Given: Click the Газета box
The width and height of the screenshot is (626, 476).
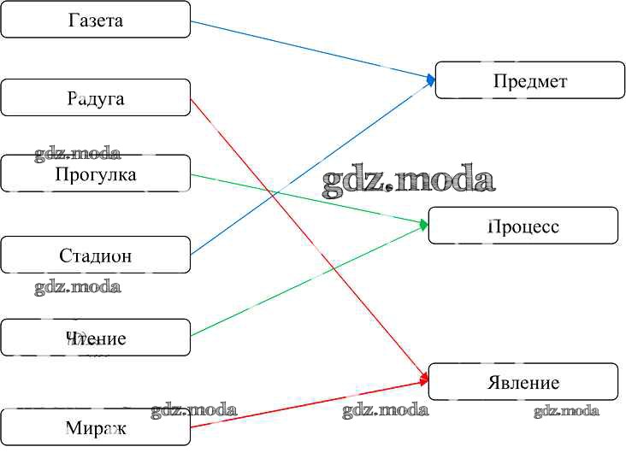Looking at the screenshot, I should click(x=95, y=20).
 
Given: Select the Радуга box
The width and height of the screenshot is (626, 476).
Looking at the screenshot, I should click(x=95, y=97).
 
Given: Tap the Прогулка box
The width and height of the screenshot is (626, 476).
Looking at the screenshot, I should click(x=95, y=174).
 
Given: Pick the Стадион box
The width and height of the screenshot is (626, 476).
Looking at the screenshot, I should click(x=95, y=255).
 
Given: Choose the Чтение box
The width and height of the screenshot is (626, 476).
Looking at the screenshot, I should click(x=95, y=338).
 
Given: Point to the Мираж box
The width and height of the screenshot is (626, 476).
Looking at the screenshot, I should click(x=95, y=427).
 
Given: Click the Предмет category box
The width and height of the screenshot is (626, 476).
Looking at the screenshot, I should click(x=530, y=80).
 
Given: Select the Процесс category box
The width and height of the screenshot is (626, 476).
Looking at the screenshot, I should click(x=523, y=226).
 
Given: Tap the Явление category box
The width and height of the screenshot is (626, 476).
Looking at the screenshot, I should click(x=523, y=382).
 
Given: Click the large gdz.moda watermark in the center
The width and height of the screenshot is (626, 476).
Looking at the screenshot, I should click(x=409, y=181).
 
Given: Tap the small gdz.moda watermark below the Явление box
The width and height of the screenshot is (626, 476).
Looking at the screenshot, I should click(x=566, y=411).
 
